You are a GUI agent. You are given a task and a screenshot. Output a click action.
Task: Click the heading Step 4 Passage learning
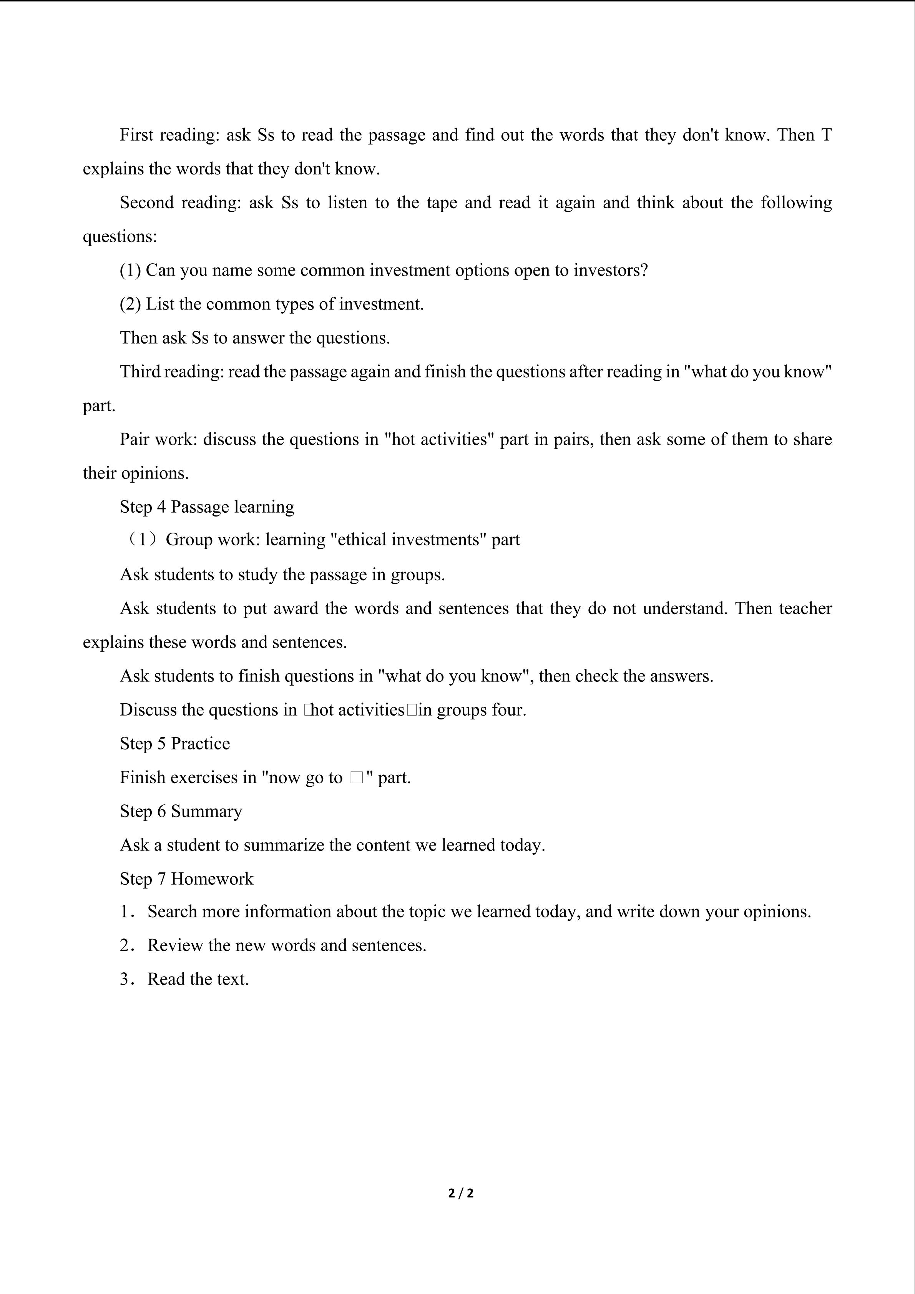click(x=207, y=507)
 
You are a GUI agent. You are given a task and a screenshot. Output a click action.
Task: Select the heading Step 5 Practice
click(x=175, y=743)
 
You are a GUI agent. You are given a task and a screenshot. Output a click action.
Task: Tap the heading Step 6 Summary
click(x=181, y=811)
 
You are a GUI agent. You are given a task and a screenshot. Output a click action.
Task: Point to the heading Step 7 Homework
click(x=186, y=879)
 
